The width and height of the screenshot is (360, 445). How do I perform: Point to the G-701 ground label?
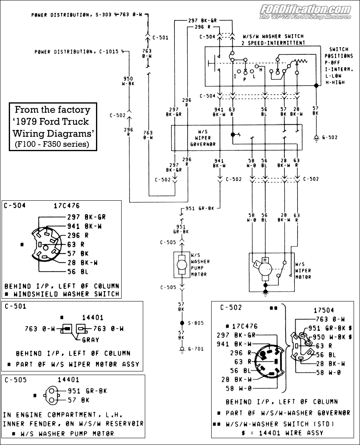click(196, 349)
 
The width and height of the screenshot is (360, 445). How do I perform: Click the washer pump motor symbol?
click(182, 265)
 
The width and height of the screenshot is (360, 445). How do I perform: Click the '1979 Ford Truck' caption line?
click(53, 122)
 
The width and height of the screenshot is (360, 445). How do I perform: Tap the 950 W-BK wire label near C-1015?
click(128, 81)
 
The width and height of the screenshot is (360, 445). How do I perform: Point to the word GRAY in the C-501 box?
click(90, 340)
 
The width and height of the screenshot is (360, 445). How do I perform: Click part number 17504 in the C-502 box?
click(324, 310)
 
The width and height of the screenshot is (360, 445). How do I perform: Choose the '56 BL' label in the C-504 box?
click(78, 272)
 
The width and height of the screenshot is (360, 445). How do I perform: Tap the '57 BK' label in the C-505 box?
click(79, 400)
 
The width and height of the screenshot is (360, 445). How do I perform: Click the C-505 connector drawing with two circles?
click(52, 395)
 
